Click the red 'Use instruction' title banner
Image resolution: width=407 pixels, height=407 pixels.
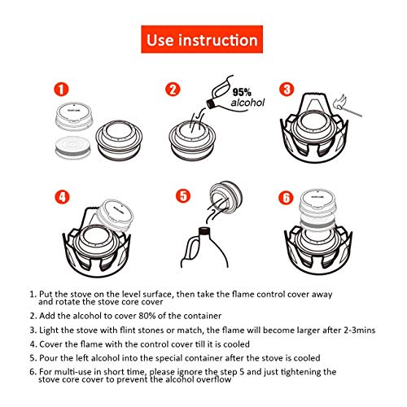tap(202, 38)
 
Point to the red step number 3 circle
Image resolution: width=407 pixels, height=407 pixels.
tap(286, 90)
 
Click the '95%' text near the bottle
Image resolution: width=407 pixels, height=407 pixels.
tap(242, 93)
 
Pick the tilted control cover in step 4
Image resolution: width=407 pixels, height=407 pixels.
tap(109, 212)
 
